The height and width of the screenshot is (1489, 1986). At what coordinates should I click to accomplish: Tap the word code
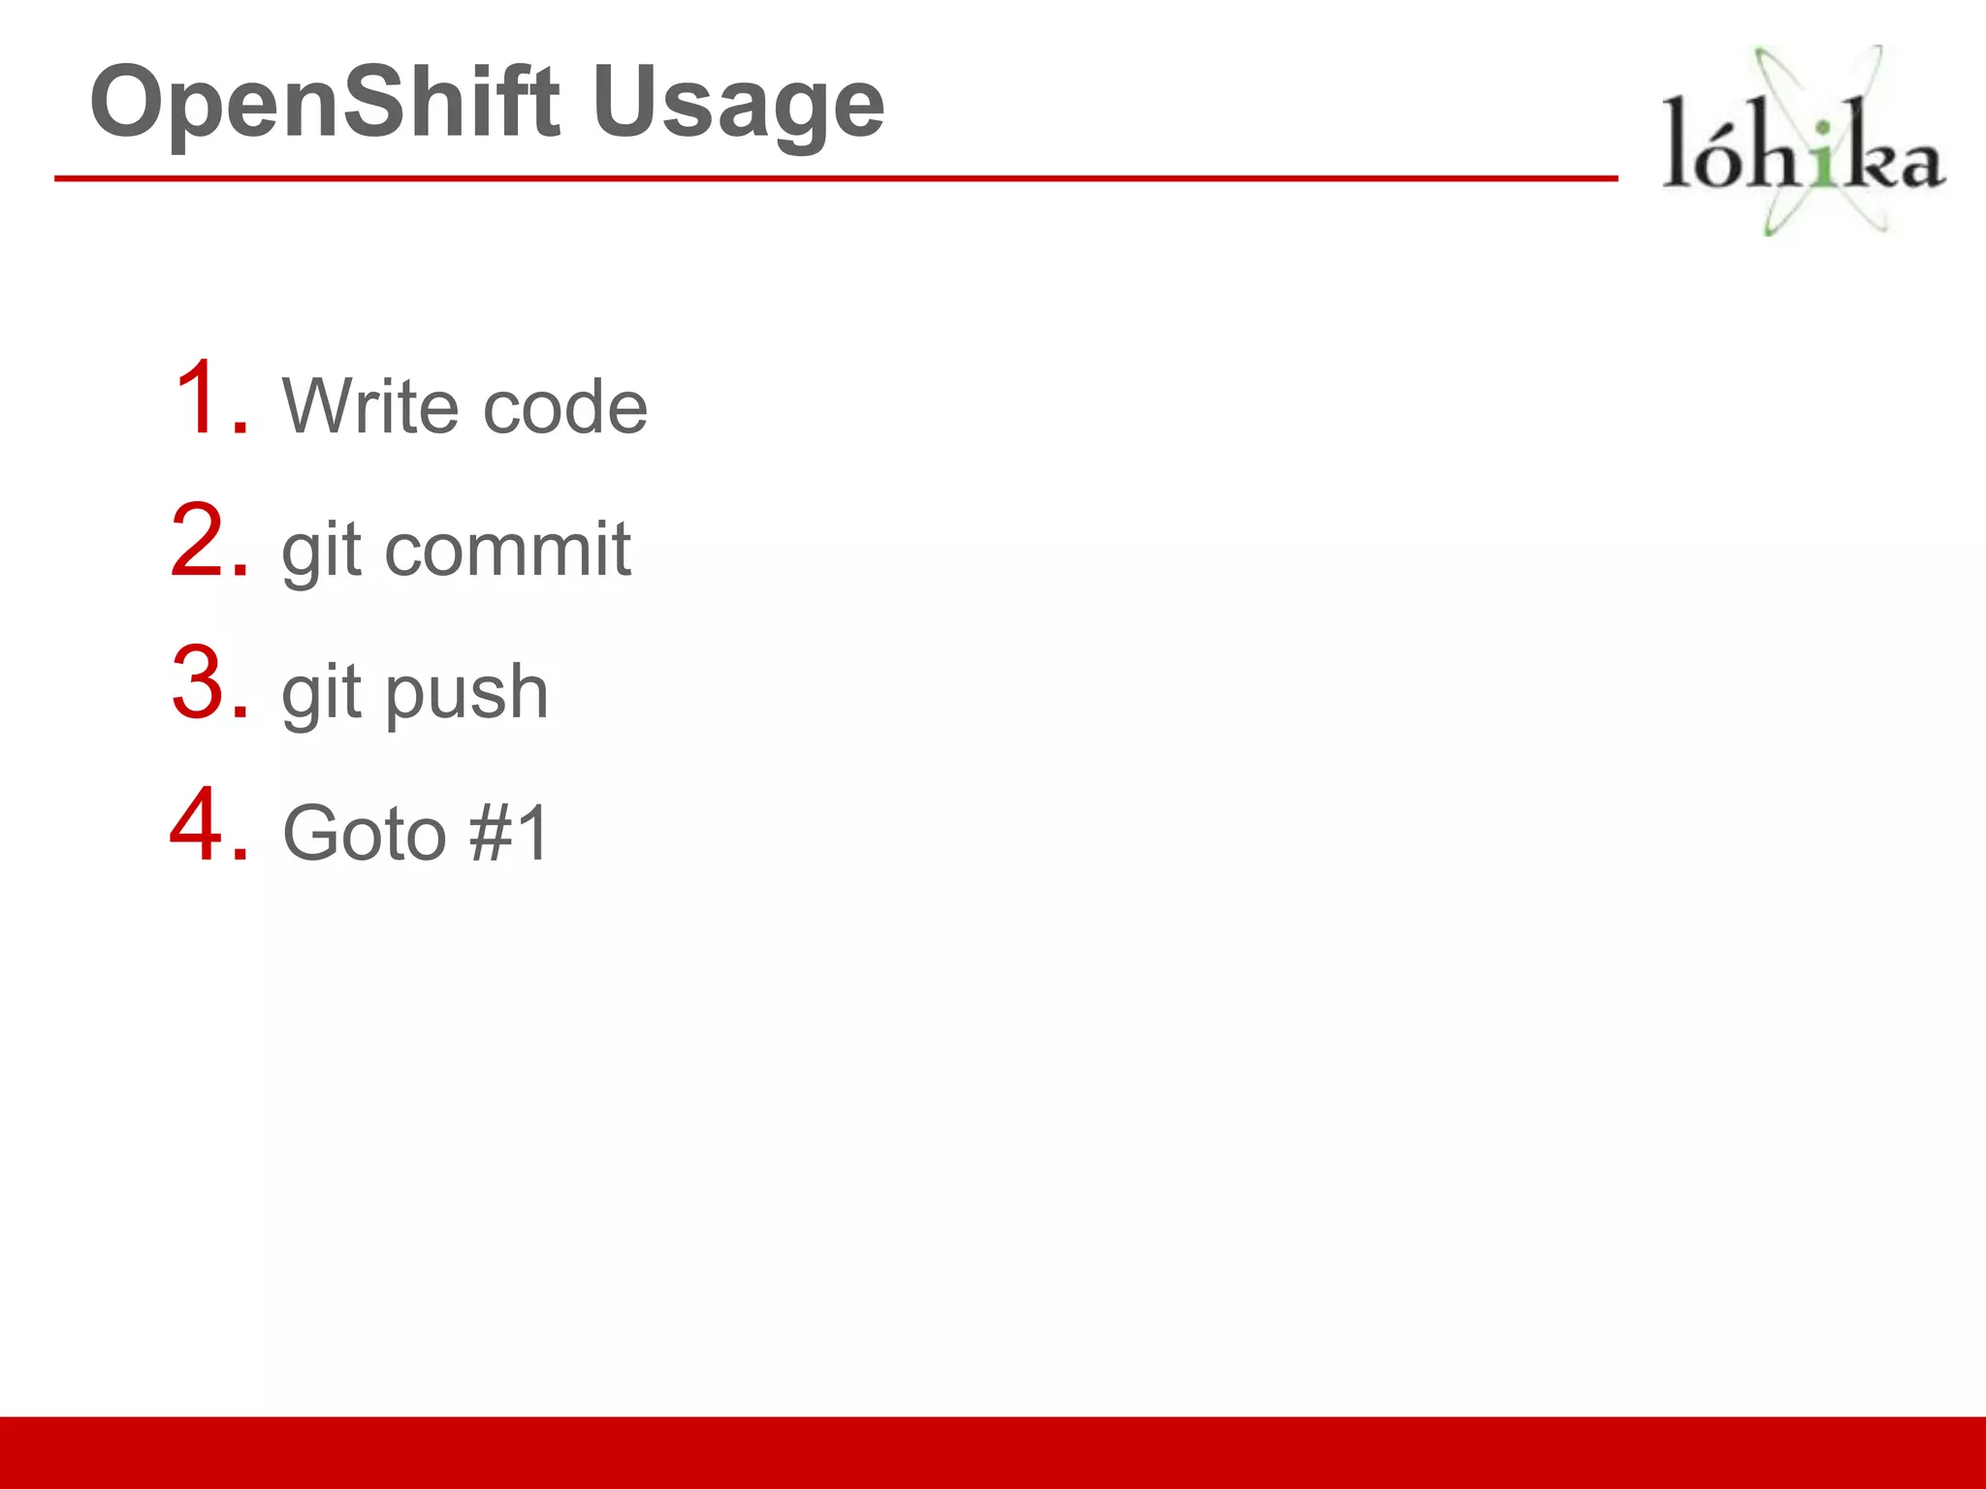pyautogui.click(x=565, y=407)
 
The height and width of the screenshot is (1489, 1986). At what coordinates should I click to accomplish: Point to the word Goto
pyautogui.click(x=365, y=833)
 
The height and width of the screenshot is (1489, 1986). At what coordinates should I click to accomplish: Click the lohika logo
pyautogui.click(x=1803, y=142)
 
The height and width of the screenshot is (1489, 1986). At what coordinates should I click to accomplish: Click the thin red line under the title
pyautogui.click(x=834, y=178)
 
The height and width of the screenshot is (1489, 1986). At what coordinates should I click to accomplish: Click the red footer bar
pyautogui.click(x=993, y=1452)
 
